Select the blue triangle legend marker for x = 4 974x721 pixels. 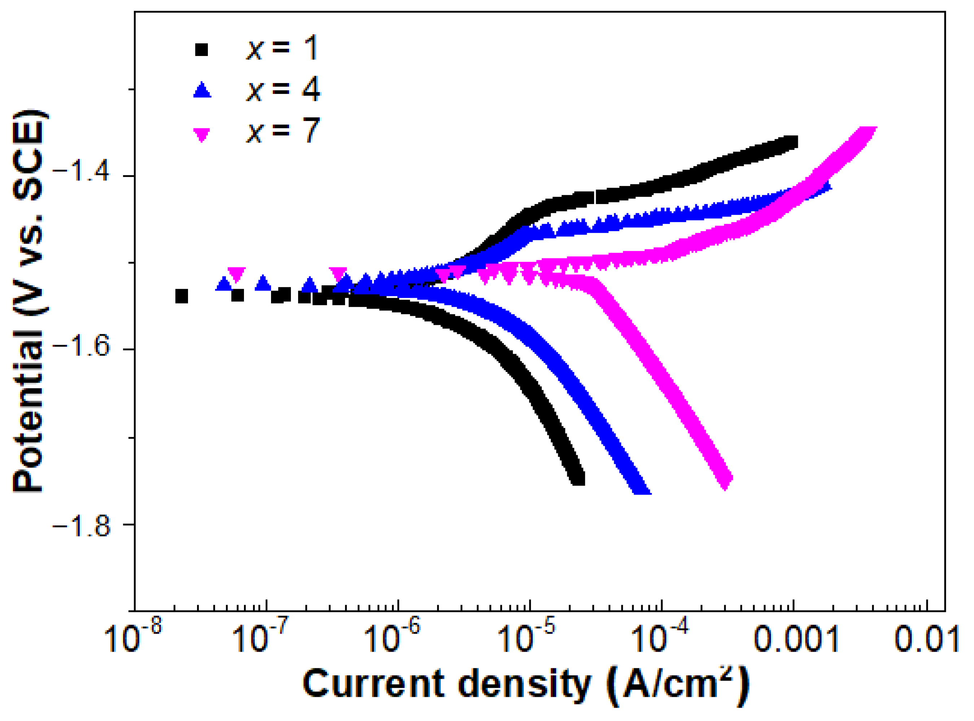click(202, 90)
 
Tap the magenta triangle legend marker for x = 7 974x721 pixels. click(201, 134)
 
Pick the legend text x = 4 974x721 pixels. click(283, 90)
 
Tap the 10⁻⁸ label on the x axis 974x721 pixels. click(134, 638)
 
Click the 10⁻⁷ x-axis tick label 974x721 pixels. click(260, 638)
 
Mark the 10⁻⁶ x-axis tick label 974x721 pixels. click(392, 638)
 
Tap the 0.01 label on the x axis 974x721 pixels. click(927, 640)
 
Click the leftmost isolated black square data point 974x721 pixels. click(182, 296)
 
